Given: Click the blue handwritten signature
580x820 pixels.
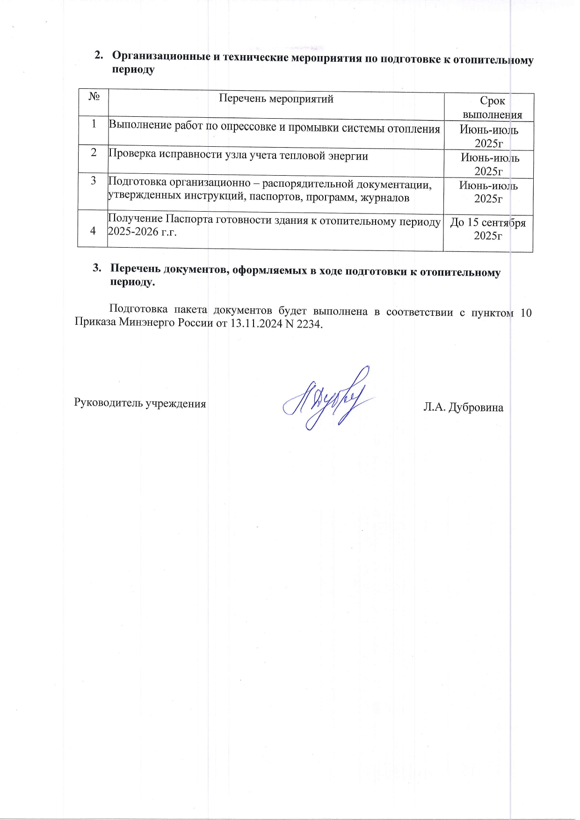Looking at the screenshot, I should (327, 399).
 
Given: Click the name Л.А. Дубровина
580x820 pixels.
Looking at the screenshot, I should (463, 407).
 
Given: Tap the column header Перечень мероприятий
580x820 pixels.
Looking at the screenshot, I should (276, 99).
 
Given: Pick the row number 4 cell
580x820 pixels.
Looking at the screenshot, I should (93, 230).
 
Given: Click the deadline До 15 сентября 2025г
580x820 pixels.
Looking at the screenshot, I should (488, 229).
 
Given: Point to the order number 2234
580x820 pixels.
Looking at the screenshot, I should (309, 324).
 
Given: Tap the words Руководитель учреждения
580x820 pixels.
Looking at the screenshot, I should (140, 403).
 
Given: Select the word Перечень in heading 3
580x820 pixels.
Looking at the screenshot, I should (137, 270).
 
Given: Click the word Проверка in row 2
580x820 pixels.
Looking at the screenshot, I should (131, 155).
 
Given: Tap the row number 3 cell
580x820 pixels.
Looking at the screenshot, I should (94, 181).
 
